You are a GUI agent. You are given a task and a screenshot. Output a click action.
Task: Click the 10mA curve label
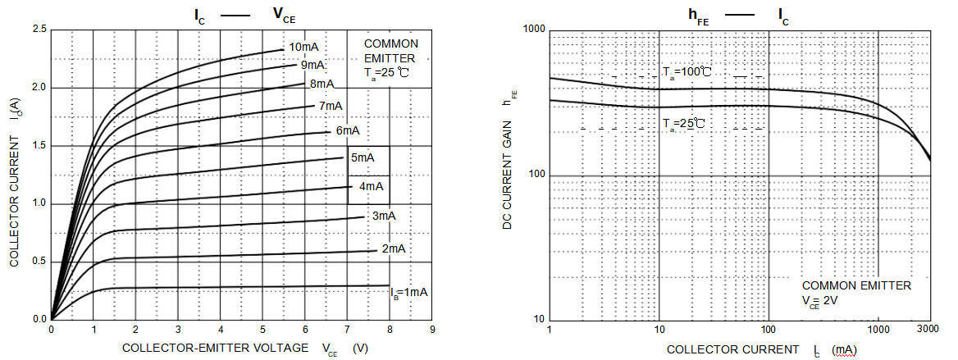303,46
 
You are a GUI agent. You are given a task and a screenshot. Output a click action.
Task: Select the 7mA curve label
331,106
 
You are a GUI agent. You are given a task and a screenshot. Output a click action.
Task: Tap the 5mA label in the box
363,158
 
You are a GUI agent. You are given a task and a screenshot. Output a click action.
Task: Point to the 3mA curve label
384,216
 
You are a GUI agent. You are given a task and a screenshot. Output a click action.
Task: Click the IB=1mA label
408,291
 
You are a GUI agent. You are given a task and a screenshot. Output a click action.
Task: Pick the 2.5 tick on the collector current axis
39,30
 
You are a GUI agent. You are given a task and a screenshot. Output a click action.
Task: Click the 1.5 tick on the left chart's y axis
39,146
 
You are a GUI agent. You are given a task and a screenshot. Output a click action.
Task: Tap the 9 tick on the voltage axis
431,330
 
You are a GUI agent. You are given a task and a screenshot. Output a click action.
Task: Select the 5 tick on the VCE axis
262,330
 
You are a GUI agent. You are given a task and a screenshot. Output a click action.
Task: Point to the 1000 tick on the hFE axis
534,30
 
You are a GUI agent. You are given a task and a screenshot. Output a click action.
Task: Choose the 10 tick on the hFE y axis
539,320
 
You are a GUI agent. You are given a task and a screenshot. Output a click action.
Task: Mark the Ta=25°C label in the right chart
684,124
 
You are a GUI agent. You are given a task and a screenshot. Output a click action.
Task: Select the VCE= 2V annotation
820,301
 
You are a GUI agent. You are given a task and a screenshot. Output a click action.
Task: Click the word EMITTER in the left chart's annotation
390,58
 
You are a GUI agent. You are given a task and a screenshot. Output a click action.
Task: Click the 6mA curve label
347,130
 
